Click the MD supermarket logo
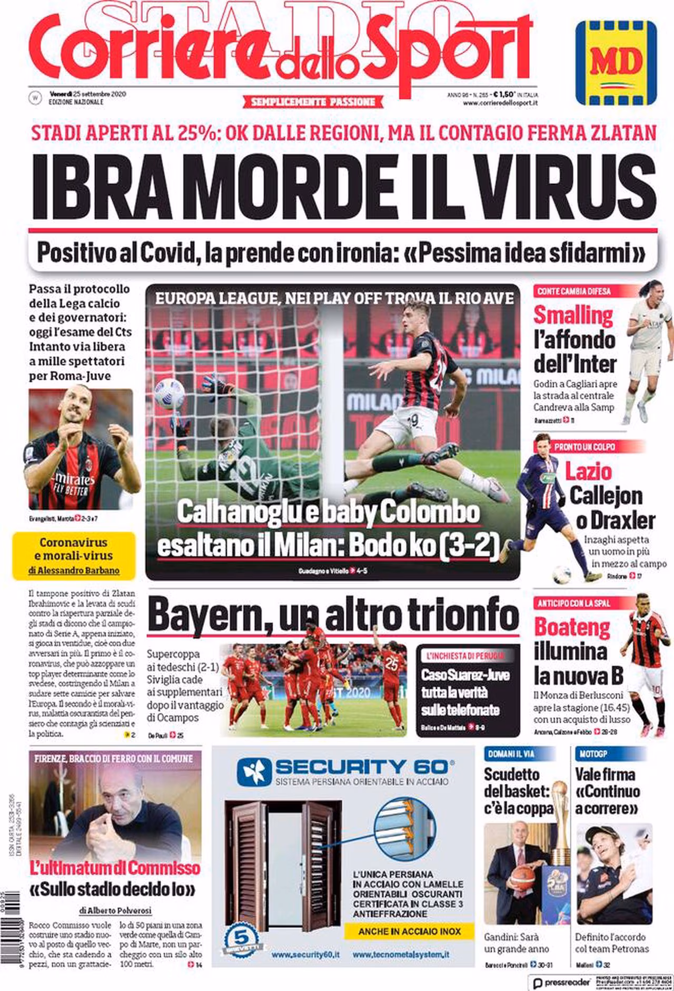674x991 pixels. click(x=616, y=63)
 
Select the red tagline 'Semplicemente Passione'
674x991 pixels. click(x=313, y=102)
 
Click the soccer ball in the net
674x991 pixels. click(x=170, y=393)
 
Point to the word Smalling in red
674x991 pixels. click(x=573, y=316)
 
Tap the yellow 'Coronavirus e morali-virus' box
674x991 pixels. click(x=74, y=556)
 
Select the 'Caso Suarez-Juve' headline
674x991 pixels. click(x=465, y=675)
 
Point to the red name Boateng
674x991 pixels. click(x=572, y=628)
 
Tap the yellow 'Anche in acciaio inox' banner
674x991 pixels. click(x=409, y=931)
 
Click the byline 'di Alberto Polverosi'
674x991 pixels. click(x=115, y=910)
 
